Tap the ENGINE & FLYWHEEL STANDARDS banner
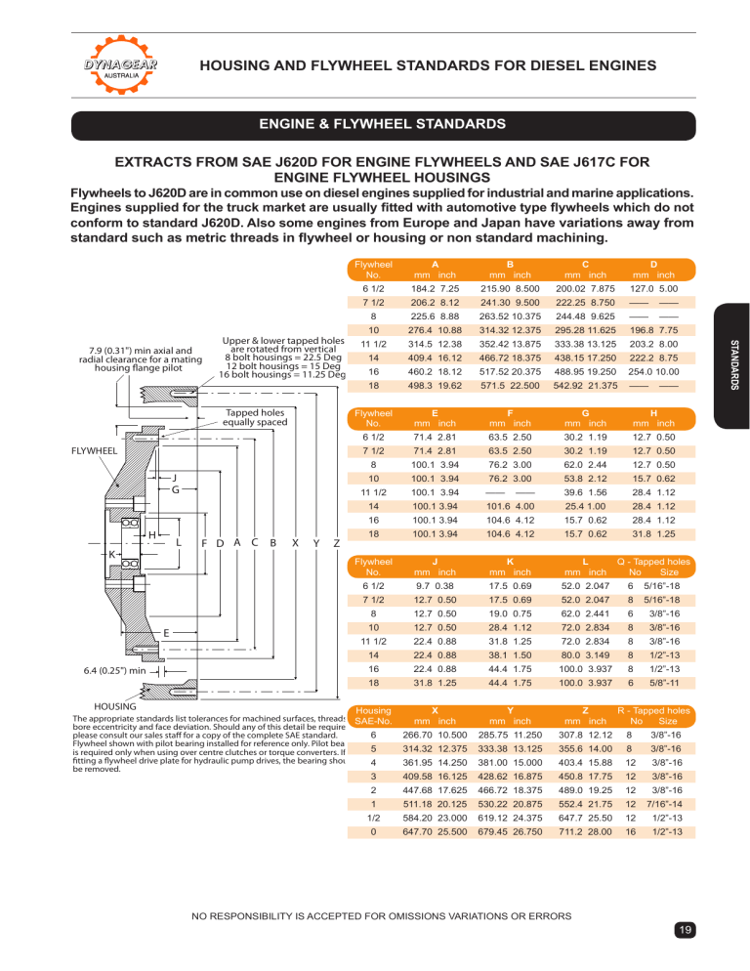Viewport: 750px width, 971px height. point(375,125)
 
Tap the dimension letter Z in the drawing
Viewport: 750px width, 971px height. point(336,544)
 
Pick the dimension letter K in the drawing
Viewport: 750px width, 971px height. point(113,553)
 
